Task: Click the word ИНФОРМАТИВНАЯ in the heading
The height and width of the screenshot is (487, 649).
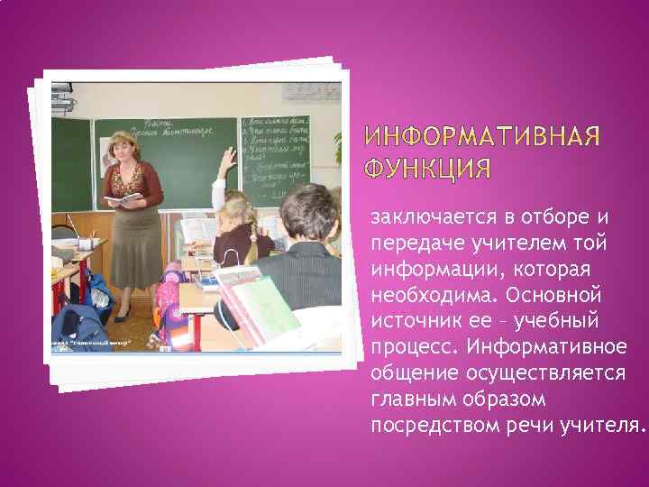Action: pyautogui.click(x=481, y=137)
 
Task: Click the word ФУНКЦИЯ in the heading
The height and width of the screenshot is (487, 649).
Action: pyautogui.click(x=429, y=169)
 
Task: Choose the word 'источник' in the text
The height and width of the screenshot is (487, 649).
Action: pyautogui.click(x=410, y=321)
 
